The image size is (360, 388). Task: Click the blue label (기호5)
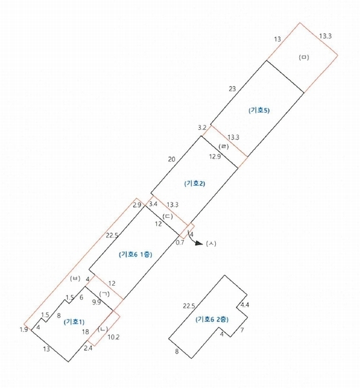click(x=259, y=111)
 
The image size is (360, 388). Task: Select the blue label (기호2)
click(x=195, y=184)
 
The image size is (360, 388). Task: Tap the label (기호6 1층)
click(x=136, y=254)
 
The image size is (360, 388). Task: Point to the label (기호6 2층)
click(x=212, y=319)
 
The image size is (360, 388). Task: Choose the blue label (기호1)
click(x=74, y=322)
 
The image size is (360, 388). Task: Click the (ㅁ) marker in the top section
click(x=304, y=57)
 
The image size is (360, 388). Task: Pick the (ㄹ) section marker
click(x=224, y=147)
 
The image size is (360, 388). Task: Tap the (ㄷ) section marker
click(x=167, y=216)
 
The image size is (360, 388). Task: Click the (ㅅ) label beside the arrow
click(x=211, y=244)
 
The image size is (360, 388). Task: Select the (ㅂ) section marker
click(x=75, y=278)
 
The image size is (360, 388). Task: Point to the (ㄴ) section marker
click(x=103, y=329)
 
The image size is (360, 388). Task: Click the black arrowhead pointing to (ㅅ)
click(x=199, y=243)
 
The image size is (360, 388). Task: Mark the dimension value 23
click(x=232, y=89)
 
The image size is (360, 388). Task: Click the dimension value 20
click(x=171, y=159)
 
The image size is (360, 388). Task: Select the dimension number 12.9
click(x=215, y=156)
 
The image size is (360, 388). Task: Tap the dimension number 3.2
click(x=202, y=127)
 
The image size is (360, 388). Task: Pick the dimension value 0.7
click(x=180, y=242)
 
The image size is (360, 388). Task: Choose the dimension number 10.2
click(x=114, y=337)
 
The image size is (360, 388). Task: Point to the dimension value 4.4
click(x=244, y=305)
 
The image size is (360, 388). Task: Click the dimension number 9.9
click(x=96, y=302)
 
